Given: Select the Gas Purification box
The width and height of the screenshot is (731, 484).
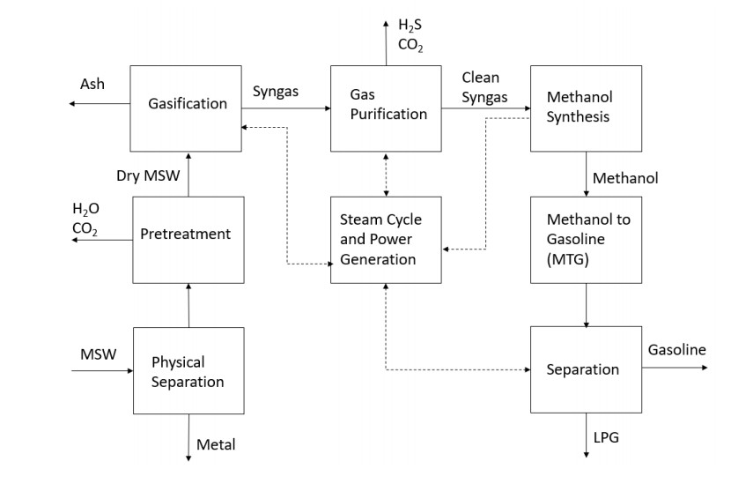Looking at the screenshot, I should coord(386,108).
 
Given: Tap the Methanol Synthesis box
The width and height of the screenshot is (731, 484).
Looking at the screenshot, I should coord(586,108).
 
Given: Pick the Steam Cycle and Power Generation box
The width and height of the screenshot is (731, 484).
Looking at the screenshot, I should coord(386,239).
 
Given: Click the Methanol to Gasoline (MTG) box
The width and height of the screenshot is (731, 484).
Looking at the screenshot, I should coord(586,239).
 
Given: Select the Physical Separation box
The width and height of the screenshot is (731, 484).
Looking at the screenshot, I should coord(188,370).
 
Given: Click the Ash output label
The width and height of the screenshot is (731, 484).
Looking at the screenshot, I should coord(92,85).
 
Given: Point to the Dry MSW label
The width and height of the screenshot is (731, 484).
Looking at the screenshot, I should coord(148,175).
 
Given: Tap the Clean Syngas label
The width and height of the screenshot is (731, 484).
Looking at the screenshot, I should coord(484,87).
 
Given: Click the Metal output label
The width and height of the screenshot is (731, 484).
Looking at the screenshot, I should coord(216,444).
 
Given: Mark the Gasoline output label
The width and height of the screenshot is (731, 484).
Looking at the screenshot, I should coord(676,350).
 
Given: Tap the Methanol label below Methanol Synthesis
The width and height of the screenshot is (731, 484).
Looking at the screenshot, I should coord(625,178).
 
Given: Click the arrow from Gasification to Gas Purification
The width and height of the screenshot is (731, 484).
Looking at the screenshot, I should coord(285,108).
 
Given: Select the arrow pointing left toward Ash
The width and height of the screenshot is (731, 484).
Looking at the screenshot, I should coord(99,104).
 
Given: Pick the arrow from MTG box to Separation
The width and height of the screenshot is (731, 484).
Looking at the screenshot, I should coord(586,304).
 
